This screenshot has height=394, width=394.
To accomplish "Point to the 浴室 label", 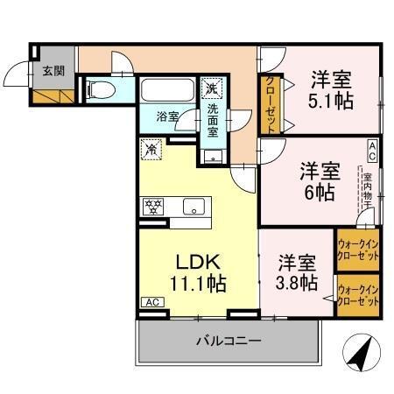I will point(167,116).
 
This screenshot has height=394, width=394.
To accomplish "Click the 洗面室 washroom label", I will point(213,120).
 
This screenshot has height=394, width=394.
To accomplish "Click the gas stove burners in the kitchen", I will point(154,208).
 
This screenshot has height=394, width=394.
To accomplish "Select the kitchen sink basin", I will point(193,208).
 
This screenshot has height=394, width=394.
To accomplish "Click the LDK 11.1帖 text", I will point(196,271).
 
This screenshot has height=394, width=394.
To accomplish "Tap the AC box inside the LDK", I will point(151,302).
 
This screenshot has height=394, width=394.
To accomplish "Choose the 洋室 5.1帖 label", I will point(331,89).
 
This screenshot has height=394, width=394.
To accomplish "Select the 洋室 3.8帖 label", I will point(299,271).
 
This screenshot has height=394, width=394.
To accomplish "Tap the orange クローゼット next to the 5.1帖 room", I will point(271,103).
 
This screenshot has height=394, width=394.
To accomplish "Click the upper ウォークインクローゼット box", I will point(359,250).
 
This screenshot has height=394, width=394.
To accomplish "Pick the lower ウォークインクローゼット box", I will point(359,295).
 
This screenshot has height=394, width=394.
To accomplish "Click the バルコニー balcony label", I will point(227,341).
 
